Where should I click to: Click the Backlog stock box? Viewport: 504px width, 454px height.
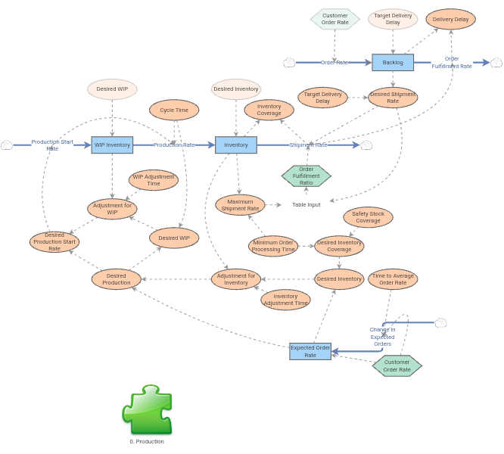pyautogui.click(x=393, y=62)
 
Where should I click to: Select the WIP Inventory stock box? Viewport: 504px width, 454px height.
pyautogui.click(x=112, y=145)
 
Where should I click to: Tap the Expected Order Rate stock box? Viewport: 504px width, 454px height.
pyautogui.click(x=310, y=351)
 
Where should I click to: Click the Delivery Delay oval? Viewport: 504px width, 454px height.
pyautogui.click(x=450, y=20)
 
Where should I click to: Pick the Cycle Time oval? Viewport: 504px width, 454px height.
pyautogui.click(x=174, y=110)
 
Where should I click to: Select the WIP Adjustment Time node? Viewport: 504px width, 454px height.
pyautogui.click(x=154, y=180)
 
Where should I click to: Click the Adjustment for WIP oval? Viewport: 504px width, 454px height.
pyautogui.click(x=112, y=209)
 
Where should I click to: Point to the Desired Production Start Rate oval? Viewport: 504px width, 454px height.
pyautogui.click(x=54, y=242)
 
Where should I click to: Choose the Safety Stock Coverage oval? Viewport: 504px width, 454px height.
pyautogui.click(x=368, y=217)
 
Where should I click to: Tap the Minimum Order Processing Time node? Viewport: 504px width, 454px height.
pyautogui.click(x=273, y=246)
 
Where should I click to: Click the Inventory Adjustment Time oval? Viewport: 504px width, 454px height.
pyautogui.click(x=285, y=300)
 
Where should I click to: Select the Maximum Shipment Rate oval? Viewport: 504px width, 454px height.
pyautogui.click(x=240, y=205)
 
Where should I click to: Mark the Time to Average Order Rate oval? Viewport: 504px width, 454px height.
pyautogui.click(x=393, y=279)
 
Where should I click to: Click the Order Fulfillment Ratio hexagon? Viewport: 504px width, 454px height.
pyautogui.click(x=306, y=176)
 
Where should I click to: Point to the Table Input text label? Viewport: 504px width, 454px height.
pyautogui.click(x=306, y=205)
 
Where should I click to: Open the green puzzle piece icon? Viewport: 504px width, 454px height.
pyautogui.click(x=148, y=409)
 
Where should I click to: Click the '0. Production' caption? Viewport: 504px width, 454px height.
pyautogui.click(x=147, y=441)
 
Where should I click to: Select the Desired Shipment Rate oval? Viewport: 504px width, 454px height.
pyautogui.click(x=393, y=98)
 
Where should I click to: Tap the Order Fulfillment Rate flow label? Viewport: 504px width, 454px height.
pyautogui.click(x=452, y=63)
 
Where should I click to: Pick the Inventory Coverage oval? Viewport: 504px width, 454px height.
pyautogui.click(x=269, y=110)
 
